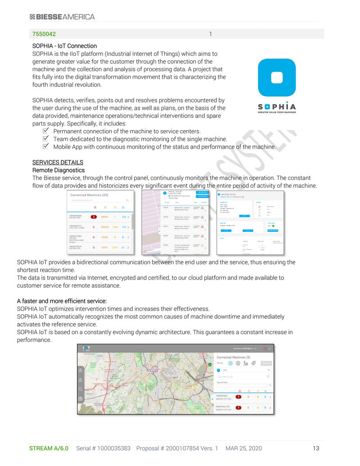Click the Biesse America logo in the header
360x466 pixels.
[x=62, y=17]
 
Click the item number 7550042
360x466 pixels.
[x=44, y=34]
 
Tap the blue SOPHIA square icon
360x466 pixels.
[x=277, y=77]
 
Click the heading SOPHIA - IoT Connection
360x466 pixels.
[x=64, y=46]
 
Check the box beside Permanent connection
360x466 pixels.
[x=45, y=131]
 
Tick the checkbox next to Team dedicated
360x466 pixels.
[x=45, y=139]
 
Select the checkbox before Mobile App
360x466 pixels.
[x=45, y=146]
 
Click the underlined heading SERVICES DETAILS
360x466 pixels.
[x=58, y=162]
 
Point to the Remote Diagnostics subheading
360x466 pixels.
[x=58, y=170]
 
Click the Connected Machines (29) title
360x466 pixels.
[x=89, y=195]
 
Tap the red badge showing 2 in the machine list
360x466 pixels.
[x=94, y=217]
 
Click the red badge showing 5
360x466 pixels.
[x=238, y=397]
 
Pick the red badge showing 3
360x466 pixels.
[x=238, y=407]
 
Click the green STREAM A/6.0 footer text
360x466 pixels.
[x=49, y=448]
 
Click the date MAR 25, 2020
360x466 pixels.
[x=243, y=448]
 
